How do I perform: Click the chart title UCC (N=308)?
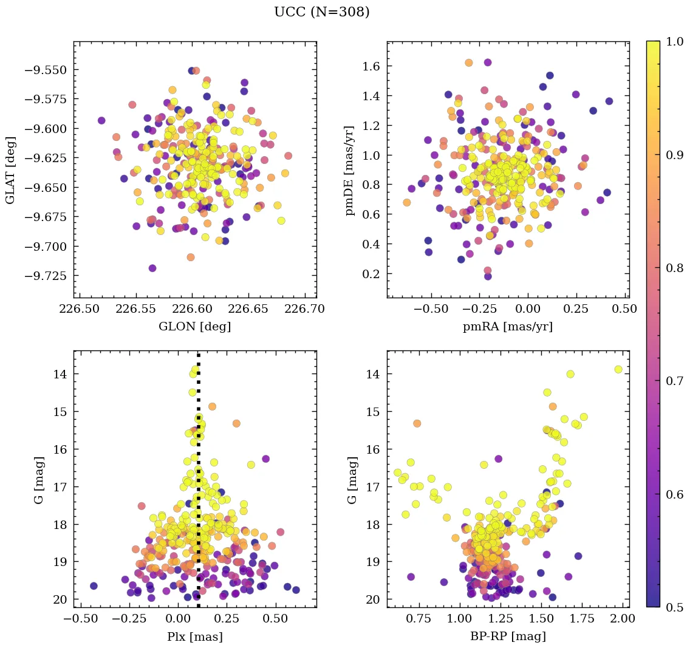(x=321, y=12)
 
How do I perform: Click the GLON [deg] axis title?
(x=194, y=327)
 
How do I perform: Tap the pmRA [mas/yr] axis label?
(x=508, y=327)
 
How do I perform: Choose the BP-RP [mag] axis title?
(x=508, y=636)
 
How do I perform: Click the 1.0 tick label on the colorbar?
(x=674, y=41)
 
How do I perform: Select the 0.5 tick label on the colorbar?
(x=674, y=607)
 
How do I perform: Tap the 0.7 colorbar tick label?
(x=674, y=381)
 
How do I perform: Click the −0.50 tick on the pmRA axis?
(x=431, y=309)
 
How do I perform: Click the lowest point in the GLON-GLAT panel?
(x=152, y=268)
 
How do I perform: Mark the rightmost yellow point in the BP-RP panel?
(x=618, y=369)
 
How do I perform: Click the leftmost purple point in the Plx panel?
(x=94, y=585)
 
